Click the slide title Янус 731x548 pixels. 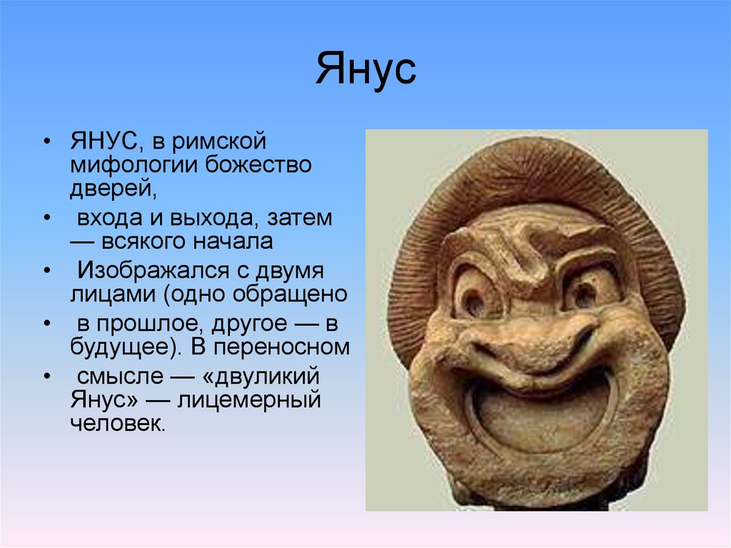(365, 69)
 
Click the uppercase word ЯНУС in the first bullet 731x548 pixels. (104, 141)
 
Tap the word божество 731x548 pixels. (258, 164)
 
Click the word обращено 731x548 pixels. (290, 295)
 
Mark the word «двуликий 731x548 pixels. (261, 377)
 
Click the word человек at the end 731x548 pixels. (116, 424)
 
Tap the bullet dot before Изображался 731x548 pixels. (46, 271)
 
